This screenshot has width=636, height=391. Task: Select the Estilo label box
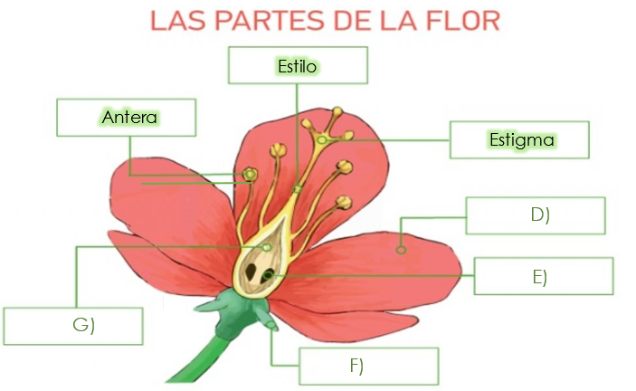click(298, 65)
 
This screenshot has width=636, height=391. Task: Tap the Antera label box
click(127, 118)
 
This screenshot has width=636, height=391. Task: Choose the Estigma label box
click(520, 140)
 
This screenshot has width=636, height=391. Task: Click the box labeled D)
click(536, 215)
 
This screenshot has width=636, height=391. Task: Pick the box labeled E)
click(543, 276)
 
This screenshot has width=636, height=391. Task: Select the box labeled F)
click(368, 366)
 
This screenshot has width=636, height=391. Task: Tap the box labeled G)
click(72, 326)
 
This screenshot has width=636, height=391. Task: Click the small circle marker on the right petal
click(402, 247)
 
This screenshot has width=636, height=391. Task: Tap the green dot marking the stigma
click(321, 139)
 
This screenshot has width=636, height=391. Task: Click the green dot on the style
click(297, 189)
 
